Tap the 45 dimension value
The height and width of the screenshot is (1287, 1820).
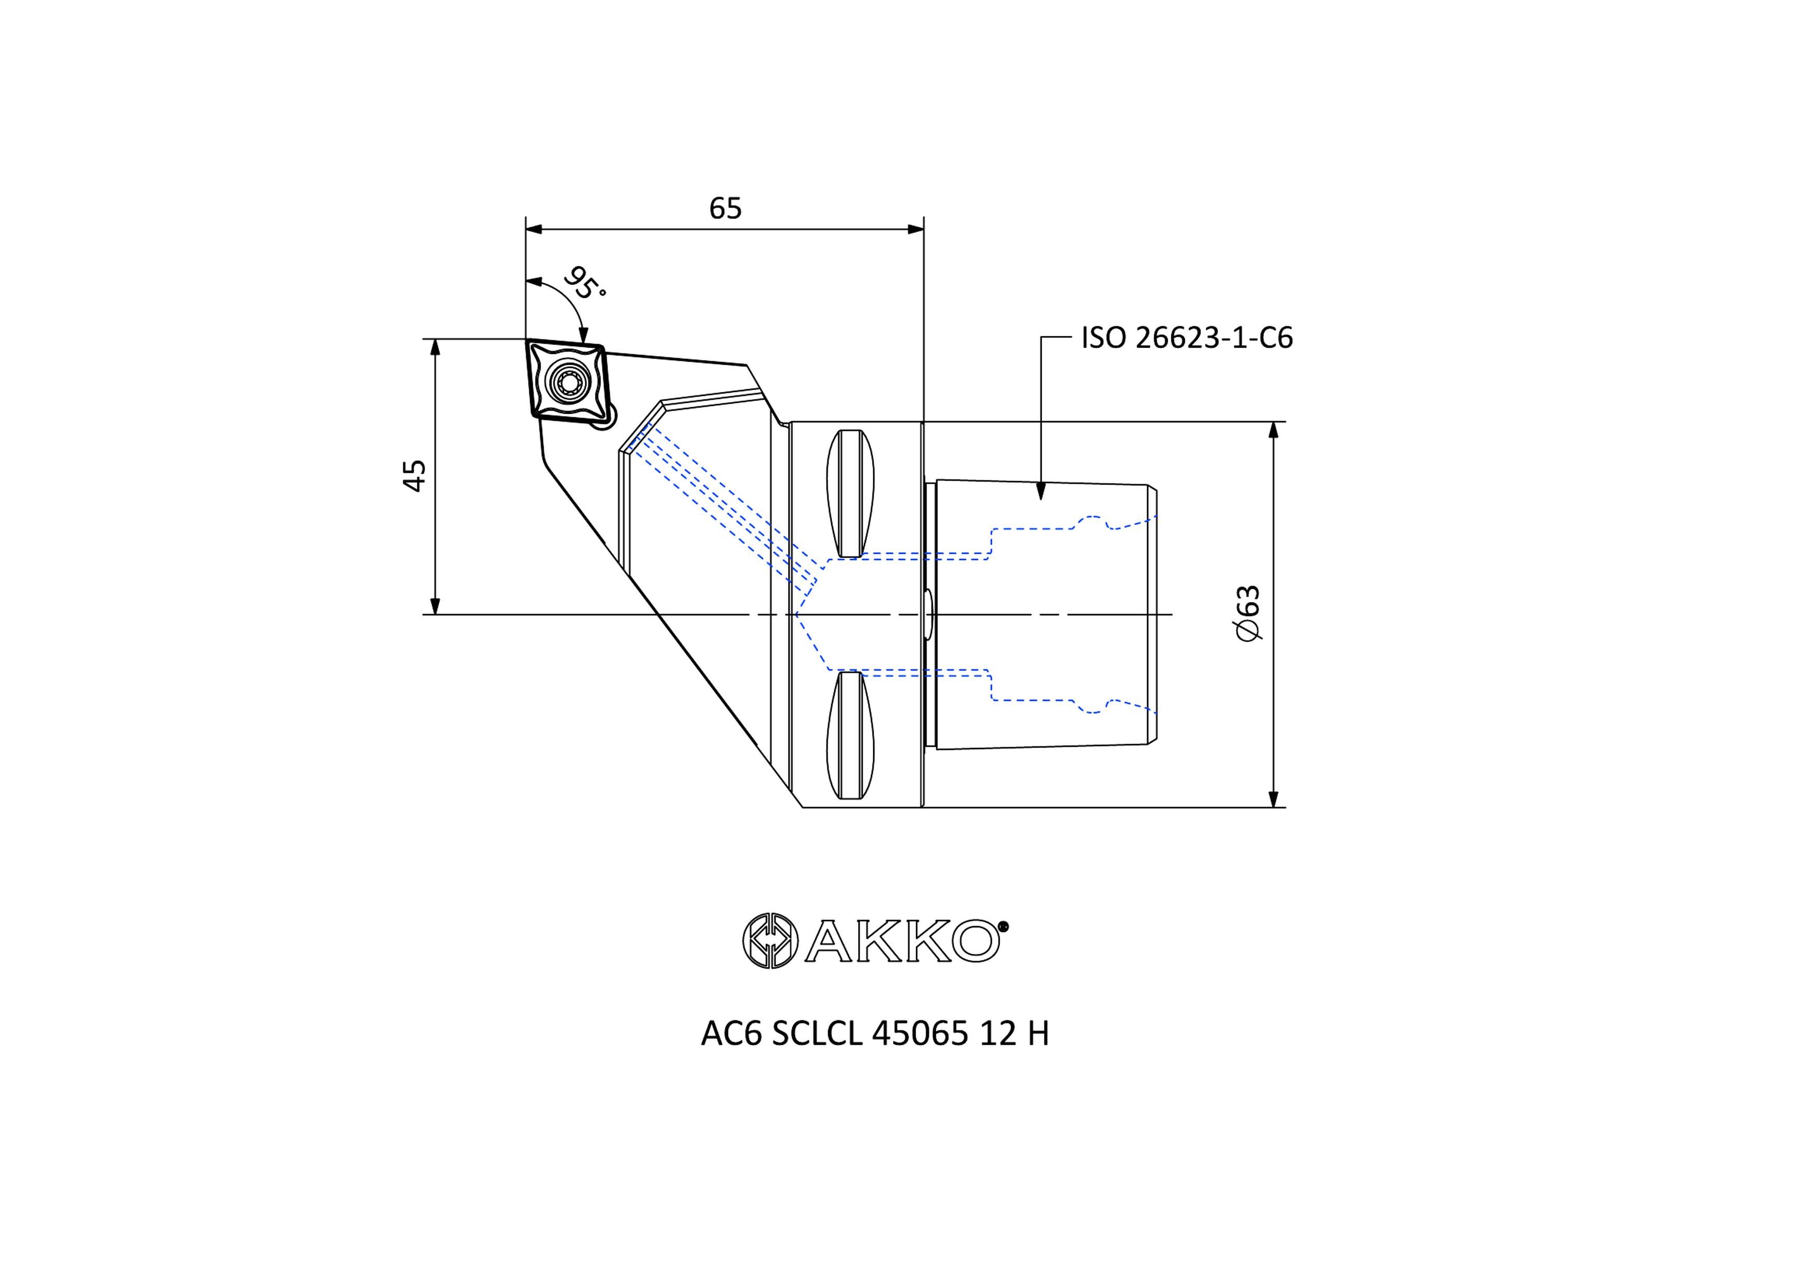tap(415, 476)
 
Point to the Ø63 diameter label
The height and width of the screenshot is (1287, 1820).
tap(1248, 613)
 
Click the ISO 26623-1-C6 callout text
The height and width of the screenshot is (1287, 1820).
tap(1187, 338)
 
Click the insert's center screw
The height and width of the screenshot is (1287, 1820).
tap(568, 384)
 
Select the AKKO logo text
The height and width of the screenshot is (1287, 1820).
tap(906, 941)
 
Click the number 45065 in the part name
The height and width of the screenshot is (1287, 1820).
tap(919, 1033)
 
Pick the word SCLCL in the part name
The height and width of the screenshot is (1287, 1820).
tap(817, 1033)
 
